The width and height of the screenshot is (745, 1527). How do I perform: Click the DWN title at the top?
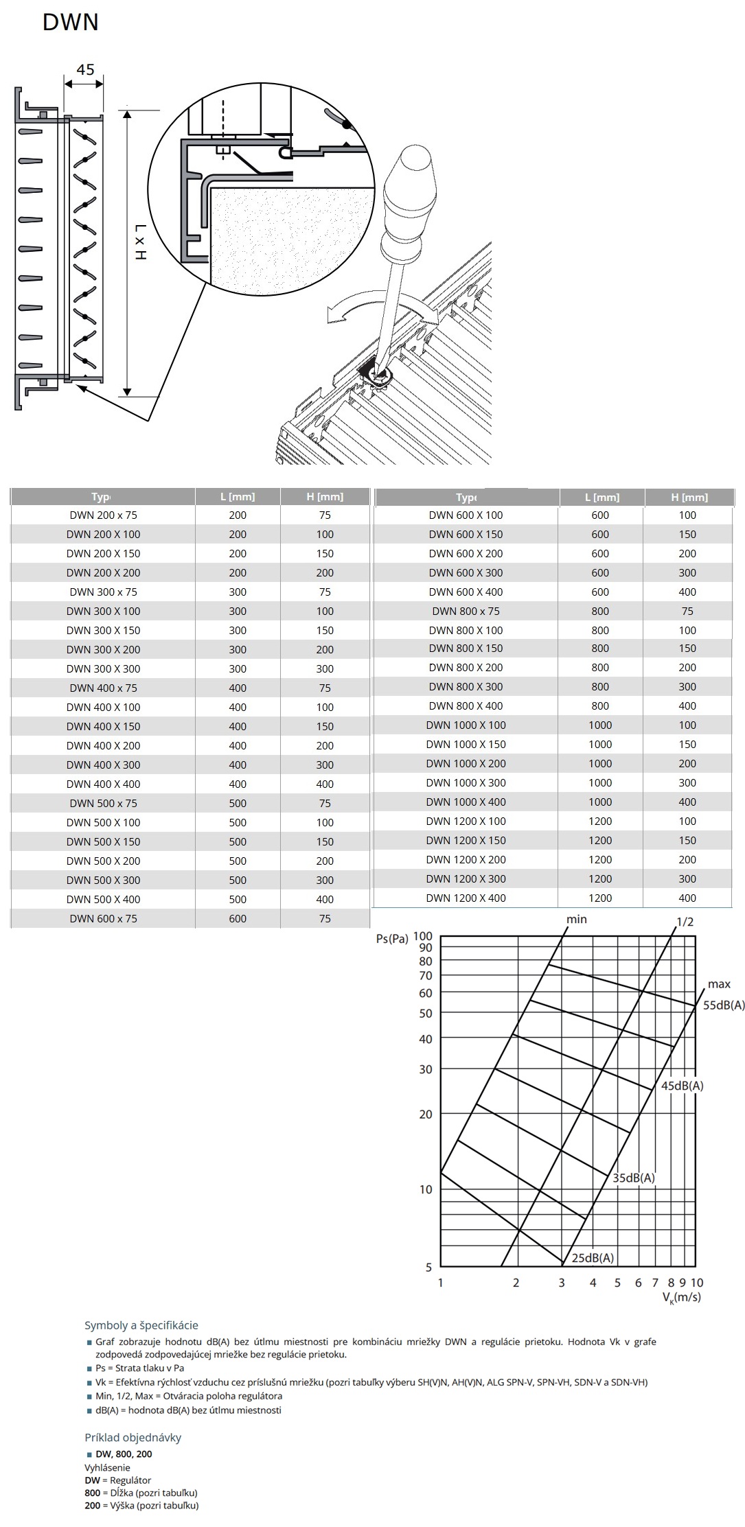(x=71, y=23)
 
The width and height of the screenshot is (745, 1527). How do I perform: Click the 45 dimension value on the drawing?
(x=85, y=69)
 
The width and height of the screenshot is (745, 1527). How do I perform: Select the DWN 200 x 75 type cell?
(x=103, y=515)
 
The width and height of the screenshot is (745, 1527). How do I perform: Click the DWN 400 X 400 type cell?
(x=103, y=784)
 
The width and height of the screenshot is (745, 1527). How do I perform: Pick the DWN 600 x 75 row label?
(x=103, y=919)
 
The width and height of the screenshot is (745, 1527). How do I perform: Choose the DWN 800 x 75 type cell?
(x=466, y=611)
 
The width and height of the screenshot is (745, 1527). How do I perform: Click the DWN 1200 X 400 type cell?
(x=466, y=898)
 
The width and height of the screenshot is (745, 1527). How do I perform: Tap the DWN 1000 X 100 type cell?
(x=466, y=725)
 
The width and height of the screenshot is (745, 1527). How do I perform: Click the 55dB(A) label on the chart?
(x=723, y=1005)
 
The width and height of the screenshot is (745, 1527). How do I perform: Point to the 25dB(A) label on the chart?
(x=593, y=1258)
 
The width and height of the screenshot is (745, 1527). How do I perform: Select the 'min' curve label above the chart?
(x=577, y=920)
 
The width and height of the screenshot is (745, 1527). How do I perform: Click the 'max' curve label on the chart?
(x=719, y=984)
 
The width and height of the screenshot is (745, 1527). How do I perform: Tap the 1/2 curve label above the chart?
(x=685, y=922)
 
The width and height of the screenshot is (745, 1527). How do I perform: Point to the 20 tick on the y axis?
(x=426, y=1115)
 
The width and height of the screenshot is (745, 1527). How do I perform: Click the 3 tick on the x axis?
(x=562, y=1283)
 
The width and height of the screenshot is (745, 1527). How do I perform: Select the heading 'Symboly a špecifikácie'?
(x=141, y=1326)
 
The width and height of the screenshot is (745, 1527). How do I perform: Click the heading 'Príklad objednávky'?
(x=133, y=1438)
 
